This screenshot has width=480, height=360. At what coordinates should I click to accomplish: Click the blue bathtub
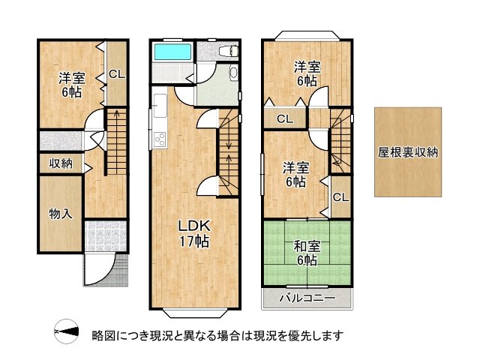click(172, 52)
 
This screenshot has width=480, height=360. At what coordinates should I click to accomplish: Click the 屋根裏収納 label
click(408, 151)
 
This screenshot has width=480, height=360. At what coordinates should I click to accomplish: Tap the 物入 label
click(61, 214)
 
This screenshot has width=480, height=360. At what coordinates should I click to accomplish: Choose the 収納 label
click(61, 163)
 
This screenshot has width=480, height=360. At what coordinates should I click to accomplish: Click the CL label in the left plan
click(116, 73)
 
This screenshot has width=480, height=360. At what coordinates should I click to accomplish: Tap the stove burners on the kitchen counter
click(160, 139)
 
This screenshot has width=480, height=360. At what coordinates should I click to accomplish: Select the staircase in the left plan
click(115, 141)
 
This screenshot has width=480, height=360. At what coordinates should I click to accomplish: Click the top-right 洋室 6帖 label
click(306, 72)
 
